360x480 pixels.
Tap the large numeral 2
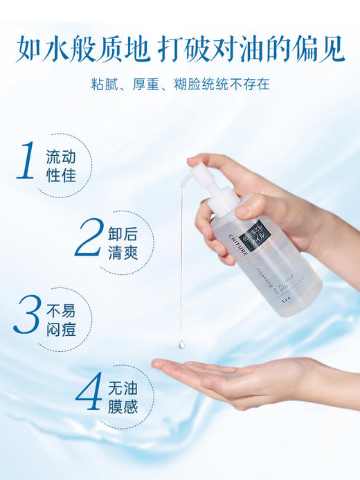coord(89,238)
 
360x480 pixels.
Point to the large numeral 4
coord(89,392)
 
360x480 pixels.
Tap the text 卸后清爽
coord(122,238)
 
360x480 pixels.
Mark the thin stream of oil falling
coord(181,263)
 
